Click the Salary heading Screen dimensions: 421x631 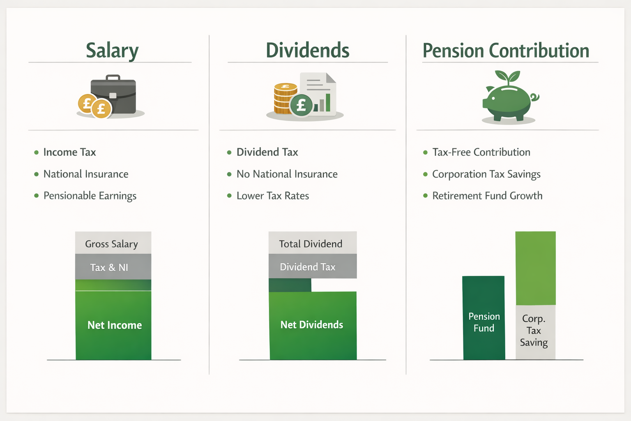point(112,51)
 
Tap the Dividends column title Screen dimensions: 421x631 point(307,51)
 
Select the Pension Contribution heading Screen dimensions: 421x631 point(506,51)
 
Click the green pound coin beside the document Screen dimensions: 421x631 point(301,105)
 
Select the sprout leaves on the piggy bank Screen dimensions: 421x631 point(508,76)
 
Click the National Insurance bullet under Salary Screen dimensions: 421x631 point(86,174)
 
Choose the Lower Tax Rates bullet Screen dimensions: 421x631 point(272,196)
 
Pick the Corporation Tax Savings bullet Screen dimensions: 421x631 point(486,174)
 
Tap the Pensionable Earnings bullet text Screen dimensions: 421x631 point(90,196)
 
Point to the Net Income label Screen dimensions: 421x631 point(115,325)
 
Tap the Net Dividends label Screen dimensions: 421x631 point(312,325)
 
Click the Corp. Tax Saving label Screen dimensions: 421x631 point(534,331)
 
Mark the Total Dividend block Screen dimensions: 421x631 point(311,243)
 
